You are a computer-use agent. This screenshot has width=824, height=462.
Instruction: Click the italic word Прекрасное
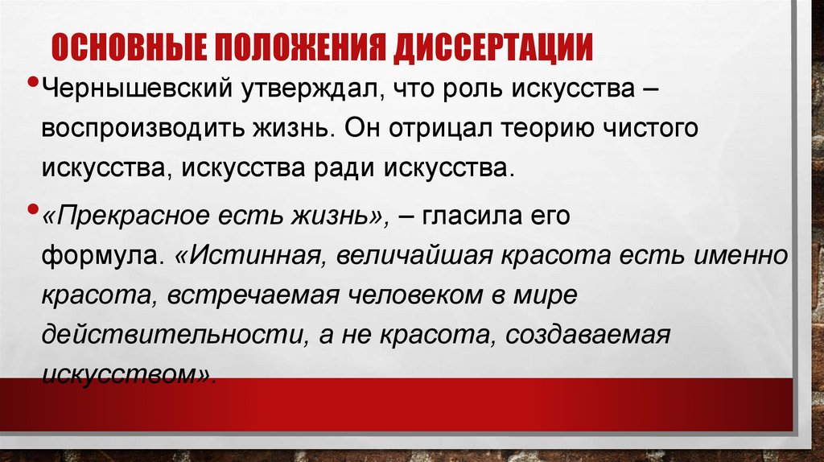(x=138, y=217)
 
